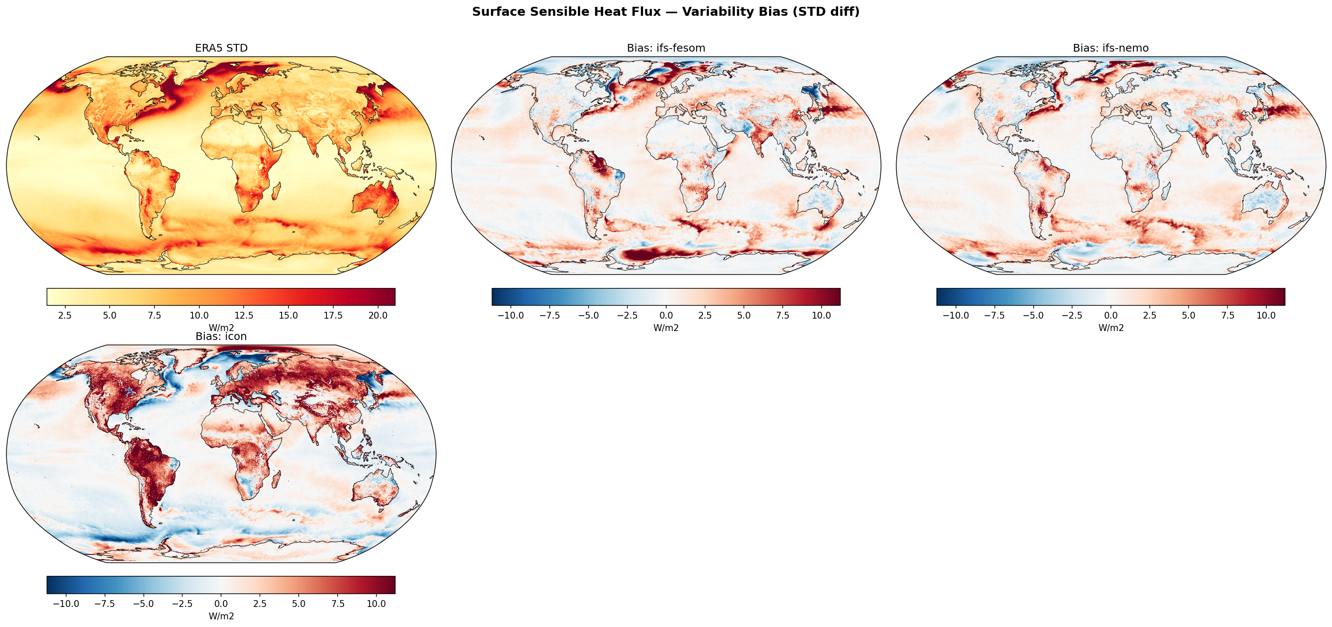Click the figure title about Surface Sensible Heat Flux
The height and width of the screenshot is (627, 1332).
tap(665, 12)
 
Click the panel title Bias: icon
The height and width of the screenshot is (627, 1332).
tap(222, 337)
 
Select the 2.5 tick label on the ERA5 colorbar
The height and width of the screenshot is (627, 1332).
tap(64, 315)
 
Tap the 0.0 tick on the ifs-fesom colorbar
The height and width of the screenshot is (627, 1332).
tap(666, 315)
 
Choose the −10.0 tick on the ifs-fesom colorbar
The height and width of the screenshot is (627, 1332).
tap(510, 315)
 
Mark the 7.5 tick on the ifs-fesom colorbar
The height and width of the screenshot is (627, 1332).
tap(783, 315)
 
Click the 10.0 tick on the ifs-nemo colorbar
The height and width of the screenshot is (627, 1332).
tap(1266, 315)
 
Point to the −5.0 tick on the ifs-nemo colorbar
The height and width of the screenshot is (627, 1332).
tap(1033, 315)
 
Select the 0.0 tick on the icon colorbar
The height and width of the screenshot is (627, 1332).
tap(222, 604)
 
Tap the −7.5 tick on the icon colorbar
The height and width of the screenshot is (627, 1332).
tap(105, 604)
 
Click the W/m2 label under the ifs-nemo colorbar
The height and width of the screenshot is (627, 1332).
tap(1110, 328)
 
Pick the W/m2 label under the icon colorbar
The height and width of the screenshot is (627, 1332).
tap(222, 616)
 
